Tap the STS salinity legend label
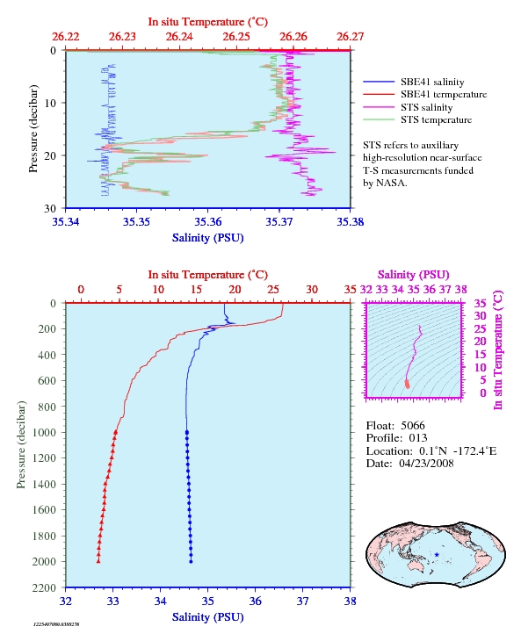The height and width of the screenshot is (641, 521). tap(426, 107)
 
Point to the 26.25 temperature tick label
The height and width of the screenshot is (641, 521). tap(236, 37)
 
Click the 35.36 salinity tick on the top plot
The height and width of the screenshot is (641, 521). tap(207, 222)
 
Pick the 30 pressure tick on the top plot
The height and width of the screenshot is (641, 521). tap(50, 208)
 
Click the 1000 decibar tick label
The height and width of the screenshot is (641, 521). tap(44, 433)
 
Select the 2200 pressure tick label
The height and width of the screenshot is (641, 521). tap(44, 587)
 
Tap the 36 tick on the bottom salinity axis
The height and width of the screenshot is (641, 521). tap(255, 601)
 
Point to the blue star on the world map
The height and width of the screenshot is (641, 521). tap(437, 555)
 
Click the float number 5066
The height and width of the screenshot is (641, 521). tap(413, 426)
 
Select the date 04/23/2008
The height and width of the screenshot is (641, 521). tap(426, 463)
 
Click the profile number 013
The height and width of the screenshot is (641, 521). tap(418, 438)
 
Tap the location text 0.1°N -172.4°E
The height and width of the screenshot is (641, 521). tap(458, 451)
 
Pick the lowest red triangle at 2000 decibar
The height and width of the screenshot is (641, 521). tap(98, 561)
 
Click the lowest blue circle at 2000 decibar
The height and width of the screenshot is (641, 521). tap(191, 561)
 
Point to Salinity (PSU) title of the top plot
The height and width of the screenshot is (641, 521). tap(207, 238)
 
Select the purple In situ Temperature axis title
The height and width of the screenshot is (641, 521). tap(498, 350)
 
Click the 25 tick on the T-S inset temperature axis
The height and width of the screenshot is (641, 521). tap(480, 328)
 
